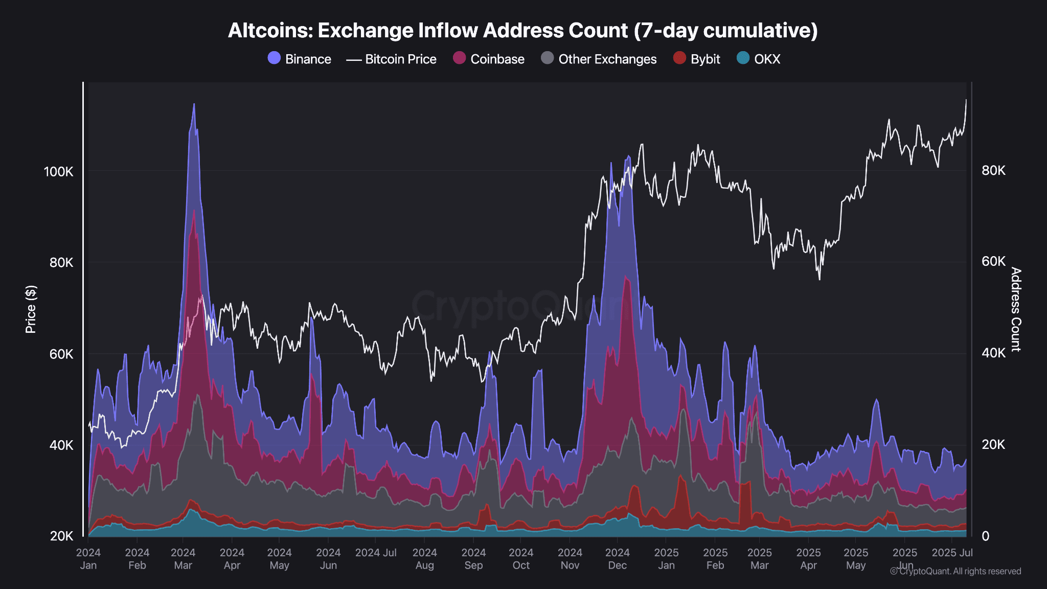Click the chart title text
(x=522, y=31)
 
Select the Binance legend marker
(x=274, y=58)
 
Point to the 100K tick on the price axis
(x=59, y=172)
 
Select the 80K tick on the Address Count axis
(x=993, y=170)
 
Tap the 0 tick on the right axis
(x=985, y=536)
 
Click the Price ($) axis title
(x=31, y=309)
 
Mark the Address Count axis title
(x=1015, y=309)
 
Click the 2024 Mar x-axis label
(x=183, y=559)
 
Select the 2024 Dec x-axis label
(x=617, y=559)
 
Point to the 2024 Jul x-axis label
(x=376, y=553)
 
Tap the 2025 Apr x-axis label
(x=808, y=559)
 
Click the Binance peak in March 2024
(x=194, y=104)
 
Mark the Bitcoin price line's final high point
(x=966, y=100)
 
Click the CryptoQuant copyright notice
(x=955, y=571)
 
